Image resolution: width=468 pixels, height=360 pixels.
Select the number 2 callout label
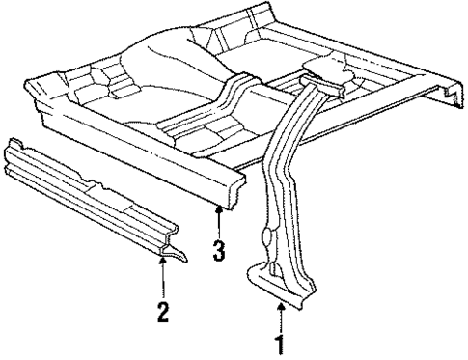(x=163, y=311)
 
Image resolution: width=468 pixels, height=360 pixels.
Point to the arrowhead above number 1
(x=280, y=306)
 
